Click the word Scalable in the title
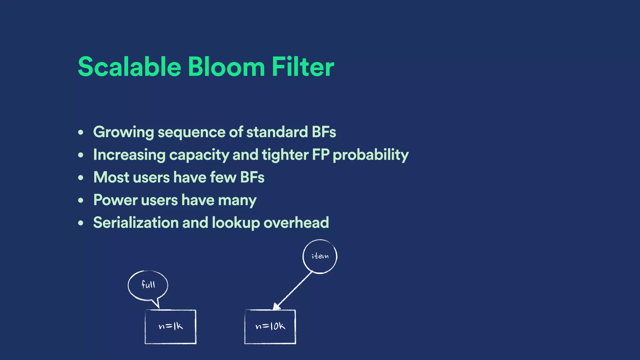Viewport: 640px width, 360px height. (x=129, y=67)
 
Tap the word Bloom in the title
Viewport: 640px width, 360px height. (x=226, y=67)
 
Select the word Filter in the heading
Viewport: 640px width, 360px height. (x=302, y=67)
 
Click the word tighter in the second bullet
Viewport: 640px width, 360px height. (x=285, y=155)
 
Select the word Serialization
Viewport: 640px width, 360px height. (x=136, y=223)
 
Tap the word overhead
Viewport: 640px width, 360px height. (x=296, y=223)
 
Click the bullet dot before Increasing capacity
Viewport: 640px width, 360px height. (x=81, y=155)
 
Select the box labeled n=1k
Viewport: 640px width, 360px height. (x=171, y=327)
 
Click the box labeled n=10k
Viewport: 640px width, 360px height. (x=270, y=327)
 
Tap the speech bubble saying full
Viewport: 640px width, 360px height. (x=148, y=285)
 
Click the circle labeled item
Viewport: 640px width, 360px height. (x=320, y=257)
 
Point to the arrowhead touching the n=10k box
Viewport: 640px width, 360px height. (x=276, y=307)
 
